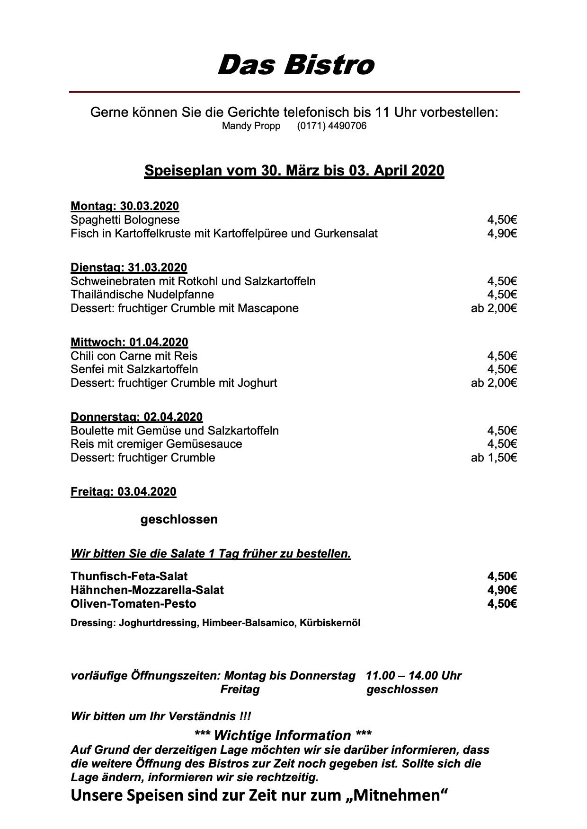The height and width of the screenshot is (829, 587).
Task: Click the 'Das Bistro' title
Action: click(295, 65)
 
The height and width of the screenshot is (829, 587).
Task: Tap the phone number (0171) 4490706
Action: click(331, 126)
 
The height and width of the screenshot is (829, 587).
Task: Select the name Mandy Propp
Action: click(251, 126)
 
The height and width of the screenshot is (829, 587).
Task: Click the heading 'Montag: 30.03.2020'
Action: click(125, 206)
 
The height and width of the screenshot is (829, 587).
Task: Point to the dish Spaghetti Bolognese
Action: click(125, 220)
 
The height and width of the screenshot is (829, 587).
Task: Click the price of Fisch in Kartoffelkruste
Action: click(502, 233)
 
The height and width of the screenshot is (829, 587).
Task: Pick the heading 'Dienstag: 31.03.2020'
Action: click(129, 268)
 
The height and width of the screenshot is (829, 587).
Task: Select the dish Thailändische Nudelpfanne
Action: click(142, 295)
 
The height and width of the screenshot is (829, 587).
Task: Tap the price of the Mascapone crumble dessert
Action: click(493, 308)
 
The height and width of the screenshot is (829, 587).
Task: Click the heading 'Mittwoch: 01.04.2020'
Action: click(129, 342)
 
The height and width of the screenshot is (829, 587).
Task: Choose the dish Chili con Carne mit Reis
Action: click(134, 356)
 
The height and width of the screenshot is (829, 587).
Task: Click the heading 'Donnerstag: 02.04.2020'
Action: click(136, 417)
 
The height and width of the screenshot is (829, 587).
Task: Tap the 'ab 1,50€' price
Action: click(493, 457)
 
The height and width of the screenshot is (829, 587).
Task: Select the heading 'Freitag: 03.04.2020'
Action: click(123, 492)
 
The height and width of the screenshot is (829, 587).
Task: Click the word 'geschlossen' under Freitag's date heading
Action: click(179, 519)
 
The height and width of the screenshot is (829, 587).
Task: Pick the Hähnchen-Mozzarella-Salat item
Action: click(147, 590)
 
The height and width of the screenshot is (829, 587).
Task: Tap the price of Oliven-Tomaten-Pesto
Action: click(502, 603)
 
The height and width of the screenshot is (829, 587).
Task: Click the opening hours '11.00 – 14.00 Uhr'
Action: click(413, 676)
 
